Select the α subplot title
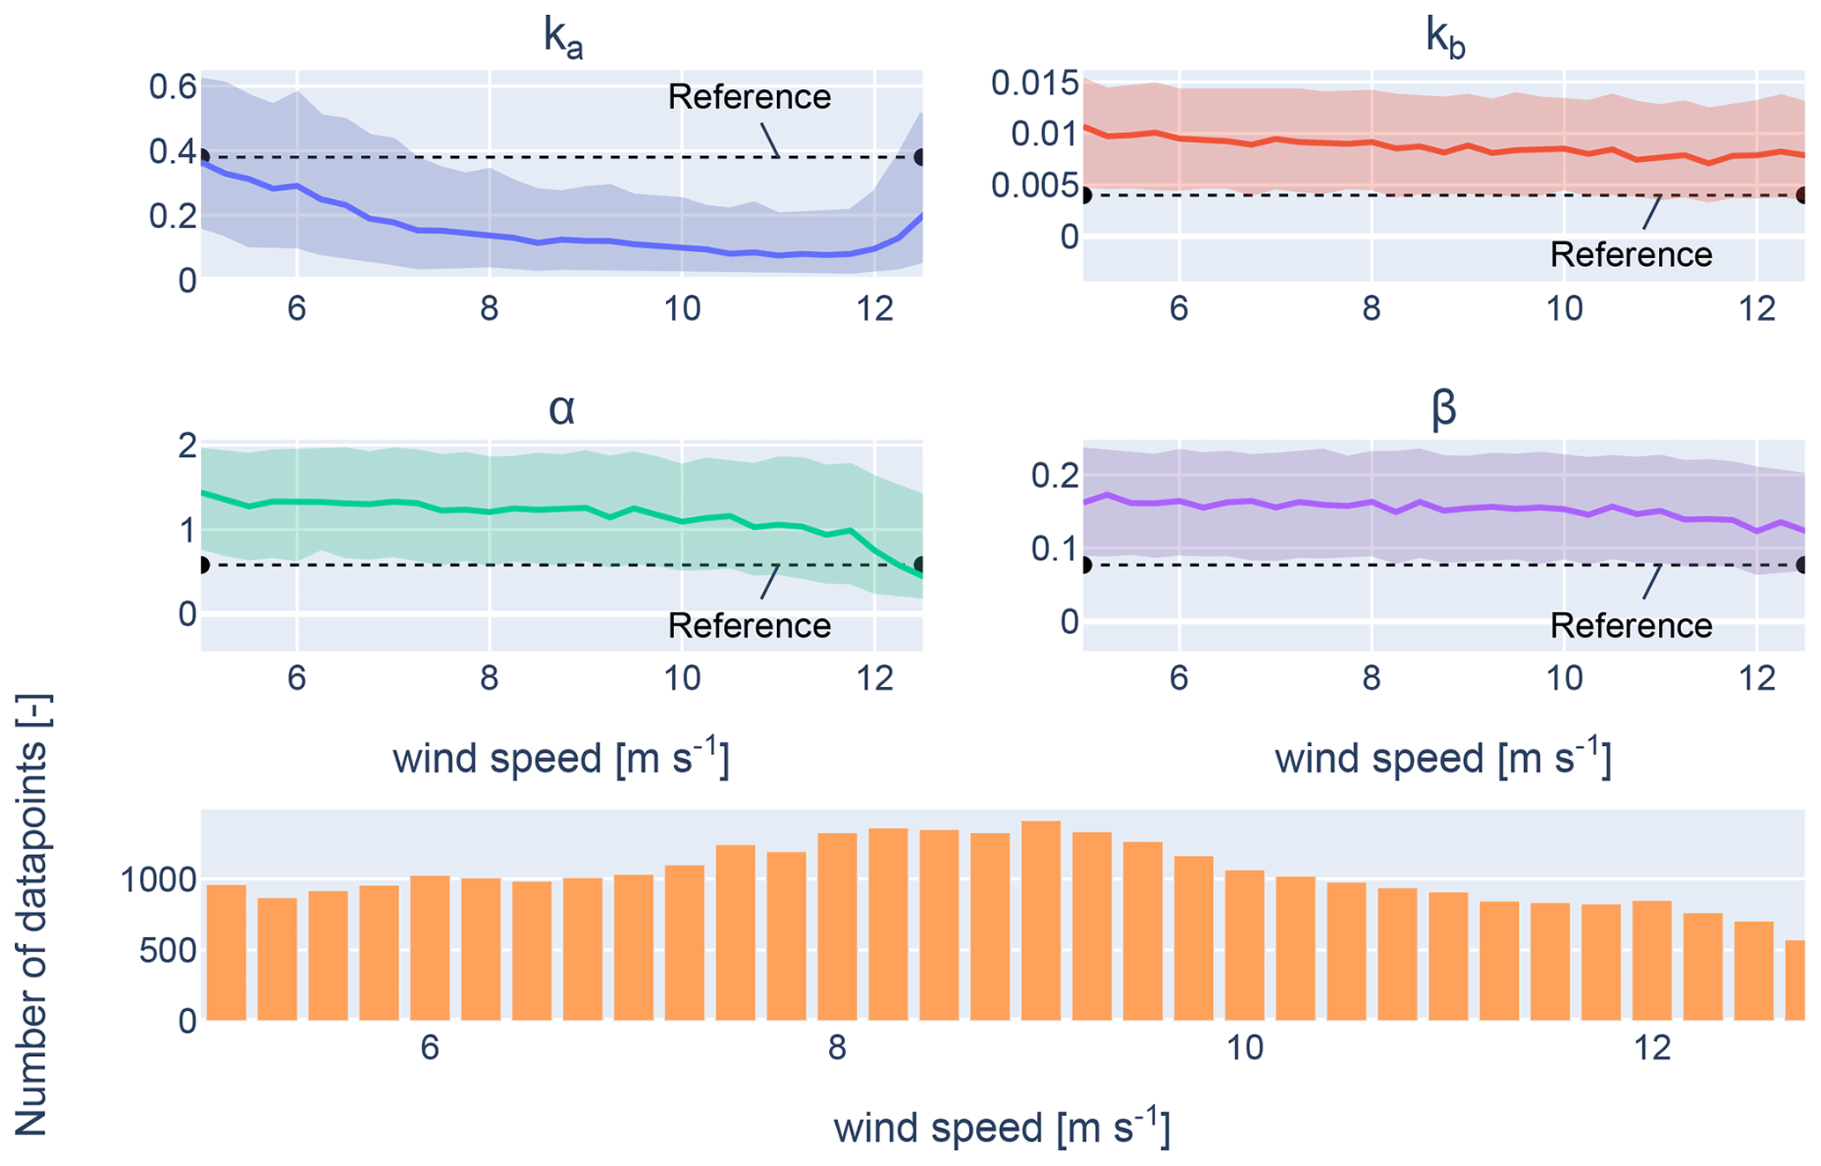click(561, 409)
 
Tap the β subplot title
click(1444, 410)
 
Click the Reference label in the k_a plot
click(749, 97)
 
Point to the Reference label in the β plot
click(1631, 626)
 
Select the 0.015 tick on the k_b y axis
click(1034, 84)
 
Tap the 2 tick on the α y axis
click(187, 446)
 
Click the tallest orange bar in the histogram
click(1040, 920)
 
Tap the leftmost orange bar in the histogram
click(226, 953)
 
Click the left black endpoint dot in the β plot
click(1084, 565)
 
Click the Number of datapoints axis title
click(33, 916)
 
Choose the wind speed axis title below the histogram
click(1002, 1128)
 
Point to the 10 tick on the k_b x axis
click(1564, 309)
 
